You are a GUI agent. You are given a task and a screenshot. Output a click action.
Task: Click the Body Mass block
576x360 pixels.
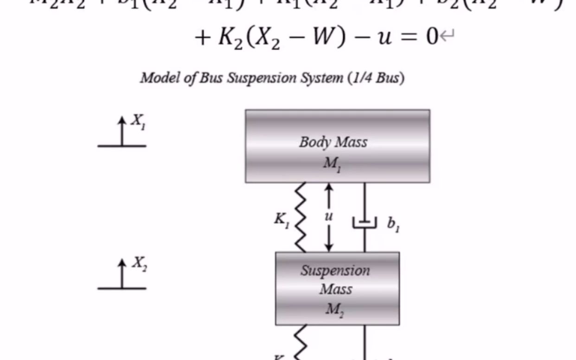point(337,146)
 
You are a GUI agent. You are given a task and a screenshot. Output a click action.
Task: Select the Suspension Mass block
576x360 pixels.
point(337,288)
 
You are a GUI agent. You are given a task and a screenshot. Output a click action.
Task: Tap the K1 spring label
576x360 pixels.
point(282,220)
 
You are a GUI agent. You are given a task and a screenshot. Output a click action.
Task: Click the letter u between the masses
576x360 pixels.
point(329,216)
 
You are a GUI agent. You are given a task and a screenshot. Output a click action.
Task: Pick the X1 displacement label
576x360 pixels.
point(138,122)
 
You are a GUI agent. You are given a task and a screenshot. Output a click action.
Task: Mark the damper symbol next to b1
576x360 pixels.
point(365,222)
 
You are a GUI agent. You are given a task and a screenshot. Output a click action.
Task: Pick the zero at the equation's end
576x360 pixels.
point(431,36)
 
